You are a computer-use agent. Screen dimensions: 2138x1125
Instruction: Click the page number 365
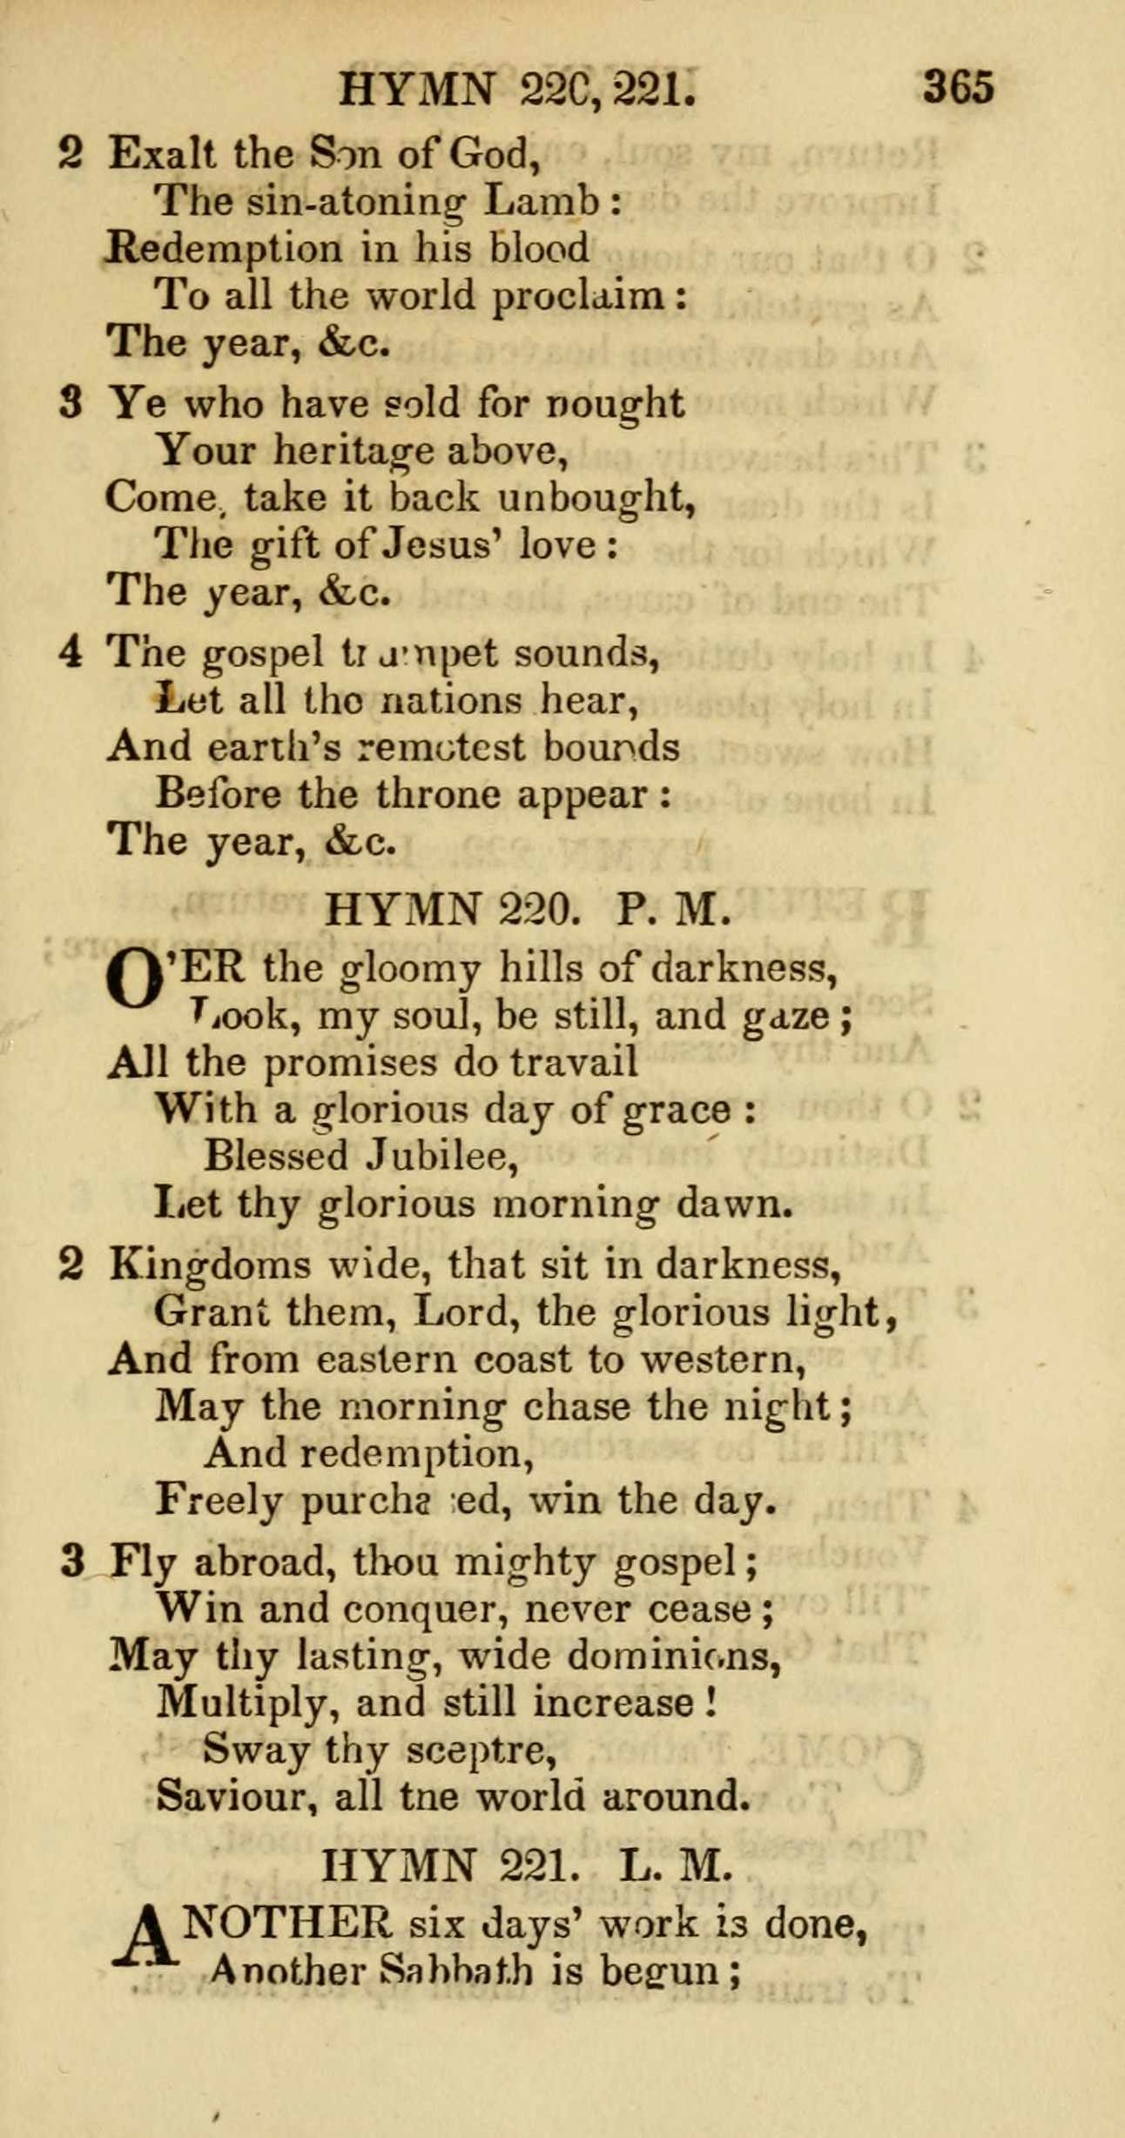(958, 88)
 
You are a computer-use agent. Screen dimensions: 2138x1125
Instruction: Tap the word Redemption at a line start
(224, 250)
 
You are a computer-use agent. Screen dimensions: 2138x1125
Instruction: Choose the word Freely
(218, 1501)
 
